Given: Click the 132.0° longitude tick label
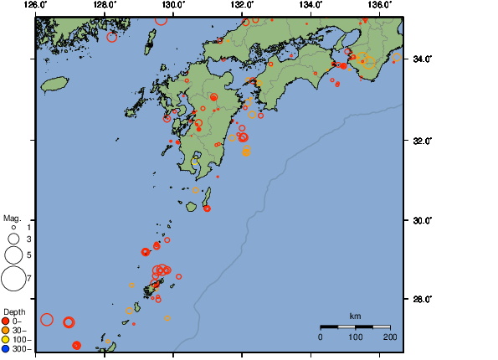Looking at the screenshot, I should pyautogui.click(x=242, y=5).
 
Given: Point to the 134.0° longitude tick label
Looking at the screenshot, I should pyautogui.click(x=311, y=5).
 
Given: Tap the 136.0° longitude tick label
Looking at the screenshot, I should pyautogui.click(x=379, y=5).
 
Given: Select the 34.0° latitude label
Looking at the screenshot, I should pyautogui.click(x=420, y=59).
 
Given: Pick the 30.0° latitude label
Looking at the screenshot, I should pyautogui.click(x=420, y=220).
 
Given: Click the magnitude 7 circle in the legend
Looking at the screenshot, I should pyautogui.click(x=13, y=276).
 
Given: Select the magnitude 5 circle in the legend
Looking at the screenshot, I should pyautogui.click(x=13, y=254).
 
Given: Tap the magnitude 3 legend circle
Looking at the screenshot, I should pyautogui.click(x=13, y=239).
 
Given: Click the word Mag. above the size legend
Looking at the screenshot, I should pyautogui.click(x=12, y=218).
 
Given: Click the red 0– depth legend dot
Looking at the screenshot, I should pyautogui.click(x=6, y=321).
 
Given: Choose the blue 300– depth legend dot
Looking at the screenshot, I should pyautogui.click(x=6, y=348).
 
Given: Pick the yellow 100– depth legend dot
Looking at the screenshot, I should pyautogui.click(x=6, y=339).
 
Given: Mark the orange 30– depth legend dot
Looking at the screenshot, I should pyautogui.click(x=6, y=330).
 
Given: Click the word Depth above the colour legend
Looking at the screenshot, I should pyautogui.click(x=14, y=311).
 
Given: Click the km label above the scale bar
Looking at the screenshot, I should pyautogui.click(x=355, y=316).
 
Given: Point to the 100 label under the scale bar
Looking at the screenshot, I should pyautogui.click(x=355, y=337).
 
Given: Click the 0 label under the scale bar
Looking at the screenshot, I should pyautogui.click(x=321, y=337).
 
